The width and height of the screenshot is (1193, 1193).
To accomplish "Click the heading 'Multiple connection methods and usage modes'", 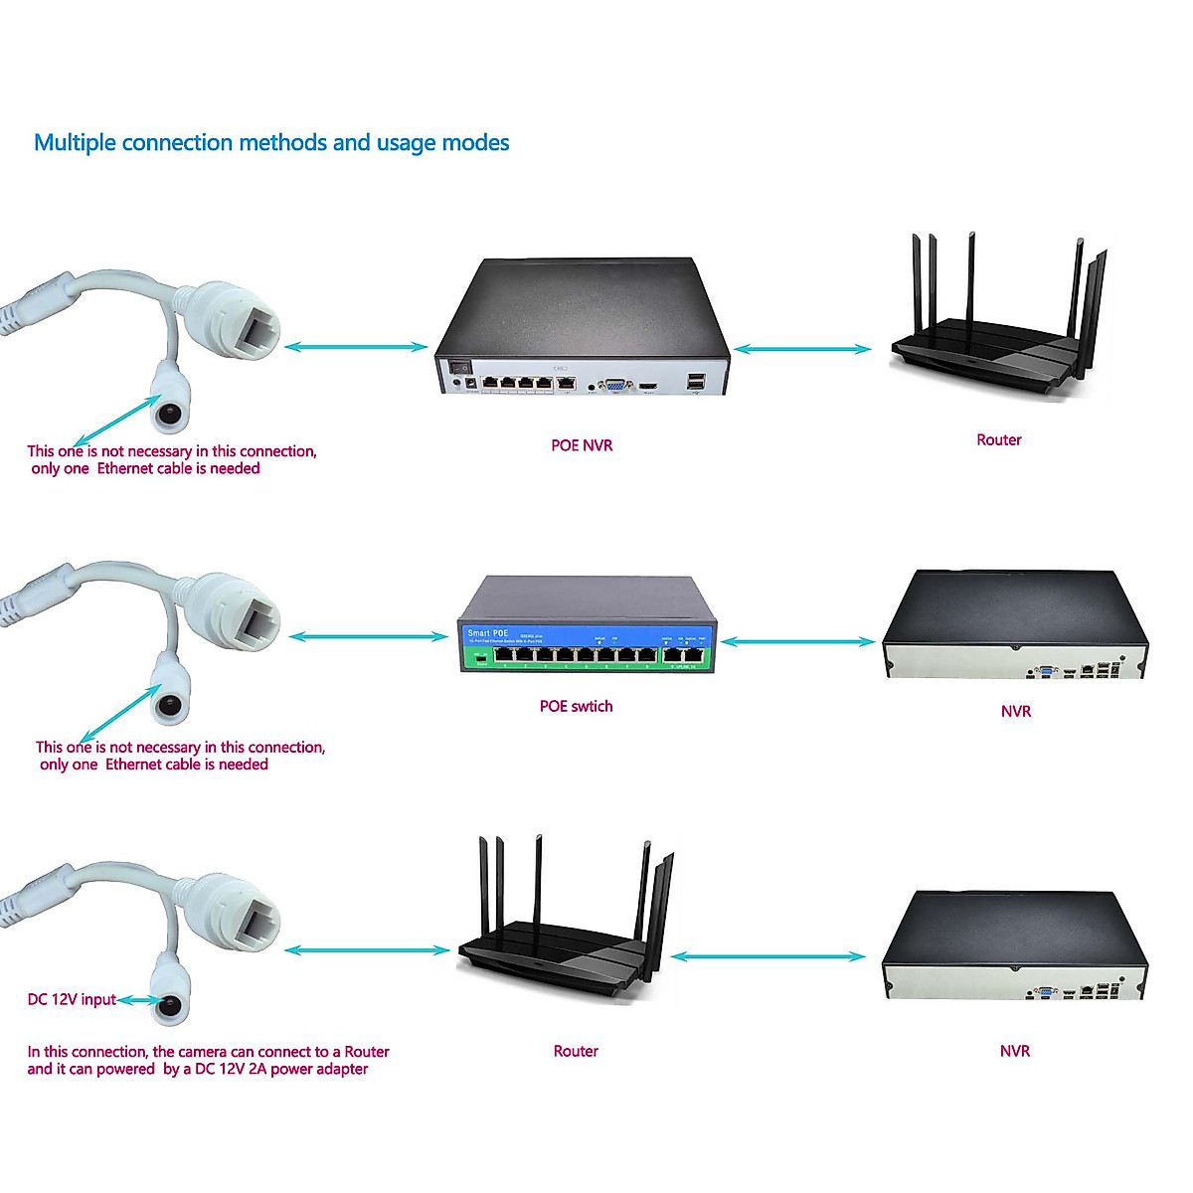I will pos(271,143).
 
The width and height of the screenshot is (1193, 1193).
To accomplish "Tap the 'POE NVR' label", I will pos(582,445).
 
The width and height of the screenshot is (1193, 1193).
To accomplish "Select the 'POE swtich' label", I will pos(576,706).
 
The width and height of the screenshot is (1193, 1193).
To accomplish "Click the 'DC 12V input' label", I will pos(72,999).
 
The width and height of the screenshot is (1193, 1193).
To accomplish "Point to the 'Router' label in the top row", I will pos(998,439).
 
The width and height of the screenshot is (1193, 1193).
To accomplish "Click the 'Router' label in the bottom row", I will pos(576,1051).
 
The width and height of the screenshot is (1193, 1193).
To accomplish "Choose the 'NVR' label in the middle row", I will pos(1015,711).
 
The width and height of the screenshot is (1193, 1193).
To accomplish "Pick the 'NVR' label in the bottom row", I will pos(1014,1051).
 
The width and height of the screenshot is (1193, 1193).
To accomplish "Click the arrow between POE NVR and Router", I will pos(802,349).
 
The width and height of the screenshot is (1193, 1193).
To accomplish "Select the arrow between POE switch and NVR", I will pos(798,642).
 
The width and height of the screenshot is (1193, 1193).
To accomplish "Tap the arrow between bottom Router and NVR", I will pos(767,956).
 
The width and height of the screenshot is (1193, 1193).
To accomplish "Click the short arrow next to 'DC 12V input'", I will pos(138,1001).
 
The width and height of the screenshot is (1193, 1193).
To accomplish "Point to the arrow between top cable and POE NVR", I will pos(356,347).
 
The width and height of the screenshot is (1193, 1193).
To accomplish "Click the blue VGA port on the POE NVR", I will pos(615,384).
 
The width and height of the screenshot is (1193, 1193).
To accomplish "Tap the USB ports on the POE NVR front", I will pos(695,381).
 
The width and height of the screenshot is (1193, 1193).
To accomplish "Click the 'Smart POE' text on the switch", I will pos(487,633).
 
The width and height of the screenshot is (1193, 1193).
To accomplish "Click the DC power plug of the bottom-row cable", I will pos(172,1005).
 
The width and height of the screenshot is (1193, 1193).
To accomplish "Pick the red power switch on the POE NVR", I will pos(460,367).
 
